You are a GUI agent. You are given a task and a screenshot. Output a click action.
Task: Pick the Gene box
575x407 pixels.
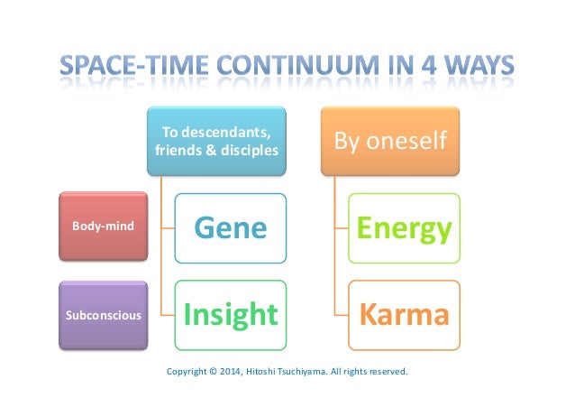(x=231, y=228)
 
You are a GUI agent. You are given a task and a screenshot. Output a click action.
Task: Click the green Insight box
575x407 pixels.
(x=231, y=315)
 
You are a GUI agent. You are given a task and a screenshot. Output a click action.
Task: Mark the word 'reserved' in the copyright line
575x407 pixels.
(x=388, y=370)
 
